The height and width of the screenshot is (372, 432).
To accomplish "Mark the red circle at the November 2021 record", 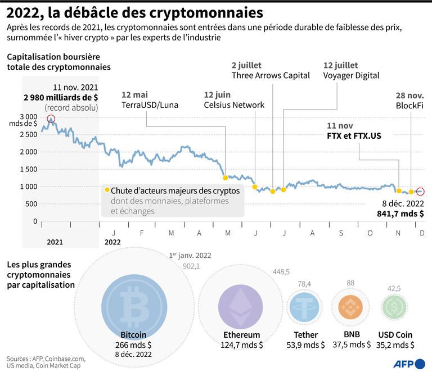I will point(51,119).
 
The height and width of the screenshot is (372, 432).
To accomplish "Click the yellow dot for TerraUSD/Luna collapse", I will point(226,178).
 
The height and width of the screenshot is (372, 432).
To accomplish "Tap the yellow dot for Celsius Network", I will point(255,187).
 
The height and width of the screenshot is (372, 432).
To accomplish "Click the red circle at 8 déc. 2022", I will point(420,192).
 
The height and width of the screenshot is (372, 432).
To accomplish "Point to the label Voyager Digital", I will point(352,75).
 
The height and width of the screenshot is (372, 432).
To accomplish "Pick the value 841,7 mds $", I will point(400,214).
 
